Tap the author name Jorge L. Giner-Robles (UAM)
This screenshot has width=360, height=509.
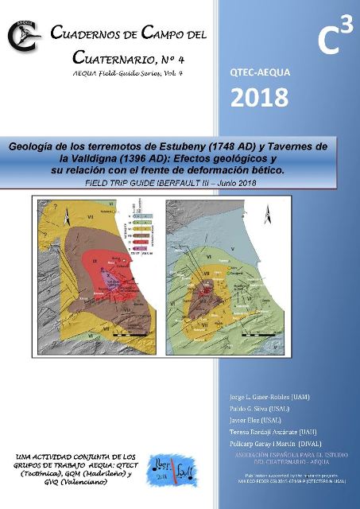coord(261,396)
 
